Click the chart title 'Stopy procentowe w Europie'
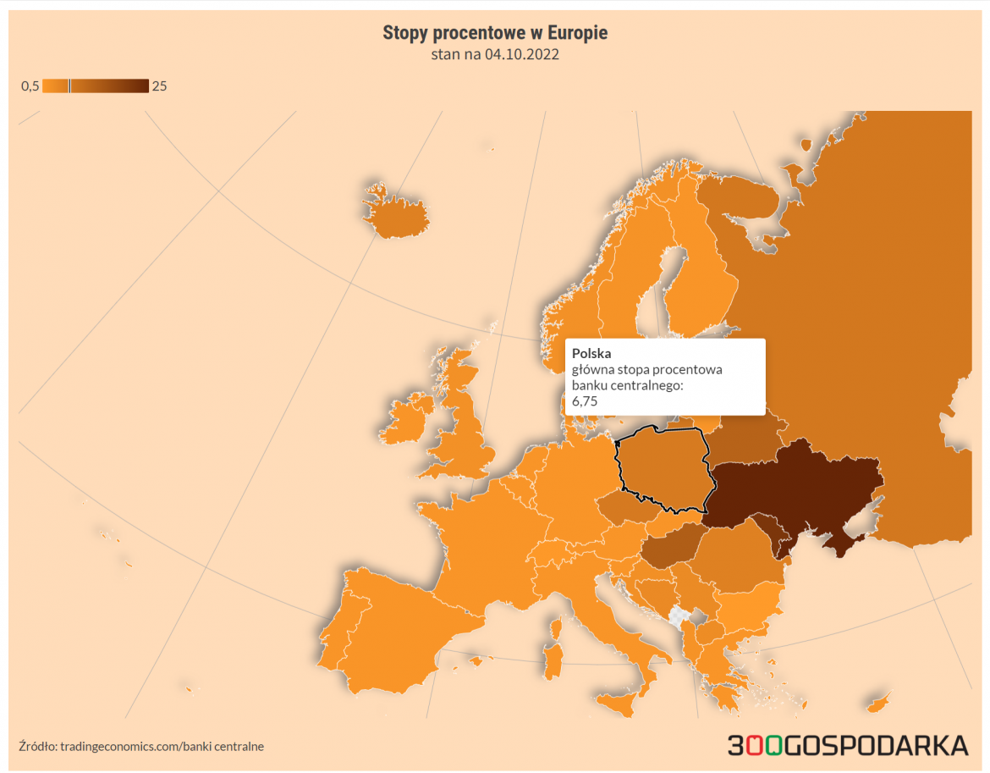pos(495,33)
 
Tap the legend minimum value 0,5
pos(30,86)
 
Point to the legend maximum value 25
pos(159,86)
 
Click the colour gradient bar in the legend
pos(96,86)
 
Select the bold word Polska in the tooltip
pos(591,353)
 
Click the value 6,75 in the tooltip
pos(585,401)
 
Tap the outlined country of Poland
pos(664,470)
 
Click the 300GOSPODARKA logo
pos(848,745)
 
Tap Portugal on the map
pos(336,637)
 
